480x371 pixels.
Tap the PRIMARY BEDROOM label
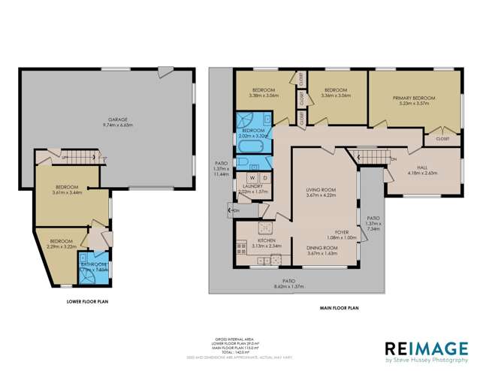click(414, 98)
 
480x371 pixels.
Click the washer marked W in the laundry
click(252, 178)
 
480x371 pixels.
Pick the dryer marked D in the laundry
click(264, 178)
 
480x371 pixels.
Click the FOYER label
click(342, 232)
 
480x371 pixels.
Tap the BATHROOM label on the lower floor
click(94, 264)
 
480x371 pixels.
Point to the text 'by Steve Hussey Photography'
click(424, 360)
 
